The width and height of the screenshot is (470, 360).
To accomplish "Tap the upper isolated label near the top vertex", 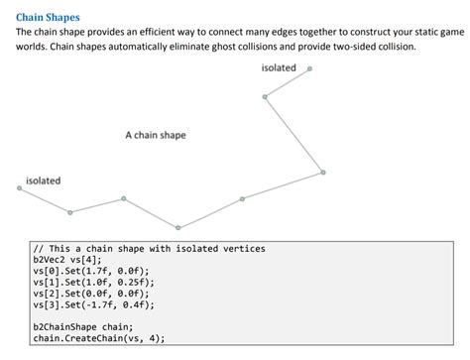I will point(279,67).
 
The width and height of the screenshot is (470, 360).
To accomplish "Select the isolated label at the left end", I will point(43,180).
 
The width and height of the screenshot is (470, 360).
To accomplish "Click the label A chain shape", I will point(155,135).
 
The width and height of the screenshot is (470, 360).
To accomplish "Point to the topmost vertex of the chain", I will point(309,68).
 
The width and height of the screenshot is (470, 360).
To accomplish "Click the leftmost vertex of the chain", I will point(19,187).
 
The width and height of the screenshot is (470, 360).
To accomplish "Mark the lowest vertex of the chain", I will point(178,228).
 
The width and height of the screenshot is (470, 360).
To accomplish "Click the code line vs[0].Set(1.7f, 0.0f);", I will point(90,271).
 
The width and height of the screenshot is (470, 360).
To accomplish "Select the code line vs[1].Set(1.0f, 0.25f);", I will point(93,283).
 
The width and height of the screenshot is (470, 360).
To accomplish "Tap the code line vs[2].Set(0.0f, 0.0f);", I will point(90,295).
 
